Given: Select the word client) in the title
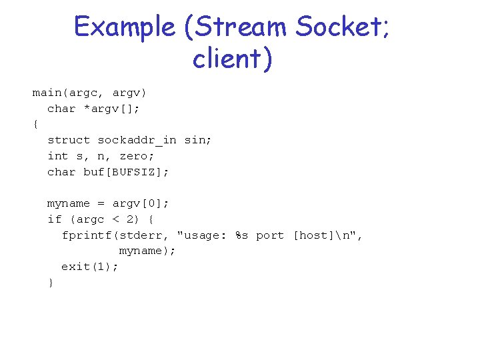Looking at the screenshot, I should tap(233, 59).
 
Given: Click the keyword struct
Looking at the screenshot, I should tap(69, 140).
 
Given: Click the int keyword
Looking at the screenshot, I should tap(58, 156).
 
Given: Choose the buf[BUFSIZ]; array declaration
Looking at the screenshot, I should tap(127, 172).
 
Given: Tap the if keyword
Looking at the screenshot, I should tap(54, 219).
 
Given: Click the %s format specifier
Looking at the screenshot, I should tap(242, 235).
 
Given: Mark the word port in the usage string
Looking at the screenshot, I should tap(270, 235).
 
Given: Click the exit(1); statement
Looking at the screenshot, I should tap(90, 267).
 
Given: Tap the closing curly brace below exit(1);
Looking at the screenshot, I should tap(51, 283).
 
